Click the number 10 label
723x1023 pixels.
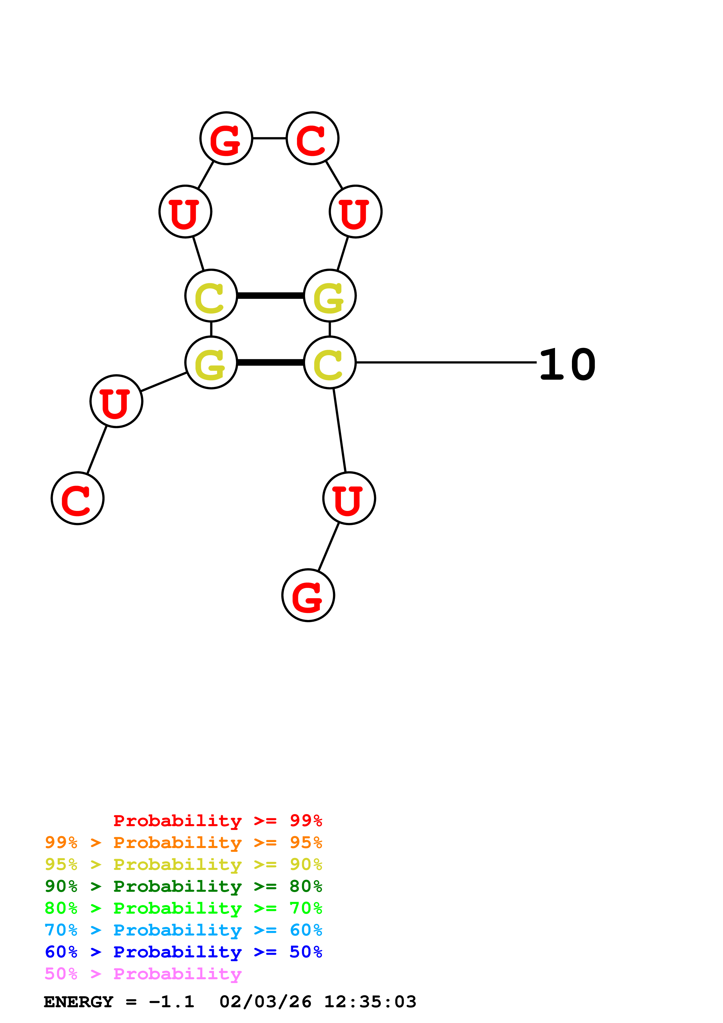(x=567, y=365)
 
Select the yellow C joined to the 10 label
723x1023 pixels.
(x=330, y=363)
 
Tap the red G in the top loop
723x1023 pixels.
(x=226, y=138)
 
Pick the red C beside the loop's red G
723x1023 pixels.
(x=312, y=138)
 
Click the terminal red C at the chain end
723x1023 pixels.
(x=78, y=498)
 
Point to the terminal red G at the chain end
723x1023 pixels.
(x=308, y=595)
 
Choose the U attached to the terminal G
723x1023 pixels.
(x=349, y=498)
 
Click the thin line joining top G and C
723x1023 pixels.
(x=269, y=138)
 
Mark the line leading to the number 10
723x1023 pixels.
(x=445, y=363)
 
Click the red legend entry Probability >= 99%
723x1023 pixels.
(x=217, y=821)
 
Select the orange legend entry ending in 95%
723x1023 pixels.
(x=183, y=842)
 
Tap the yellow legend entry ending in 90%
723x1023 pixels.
(x=183, y=864)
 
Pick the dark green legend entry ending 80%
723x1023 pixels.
(x=183, y=886)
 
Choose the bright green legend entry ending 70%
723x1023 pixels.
(x=183, y=908)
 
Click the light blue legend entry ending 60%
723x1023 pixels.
(x=183, y=930)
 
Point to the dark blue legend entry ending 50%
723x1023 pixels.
(x=183, y=952)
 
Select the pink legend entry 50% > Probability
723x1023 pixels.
(x=143, y=973)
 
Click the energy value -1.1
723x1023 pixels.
(x=171, y=1002)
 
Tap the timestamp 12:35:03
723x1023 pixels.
(x=370, y=1002)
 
